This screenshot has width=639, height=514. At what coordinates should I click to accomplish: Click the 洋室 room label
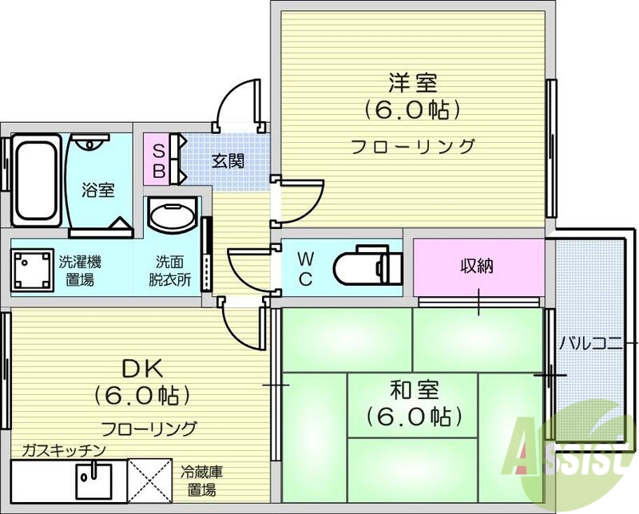pyautogui.click(x=413, y=82)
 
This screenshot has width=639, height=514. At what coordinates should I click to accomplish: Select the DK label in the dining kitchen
pyautogui.click(x=142, y=369)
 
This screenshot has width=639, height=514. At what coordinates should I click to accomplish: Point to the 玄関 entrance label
pyautogui.click(x=228, y=160)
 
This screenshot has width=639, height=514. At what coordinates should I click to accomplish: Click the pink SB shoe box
pyautogui.click(x=158, y=160)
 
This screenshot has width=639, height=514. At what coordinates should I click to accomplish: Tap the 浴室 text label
pyautogui.click(x=98, y=190)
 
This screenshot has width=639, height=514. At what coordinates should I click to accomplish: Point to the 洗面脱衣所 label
pyautogui.click(x=173, y=270)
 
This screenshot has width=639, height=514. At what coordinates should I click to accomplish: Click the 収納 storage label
pyautogui.click(x=476, y=266)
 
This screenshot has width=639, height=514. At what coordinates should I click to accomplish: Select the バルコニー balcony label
pyautogui.click(x=589, y=344)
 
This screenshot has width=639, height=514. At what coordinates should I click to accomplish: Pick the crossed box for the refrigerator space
pyautogui.click(x=151, y=478)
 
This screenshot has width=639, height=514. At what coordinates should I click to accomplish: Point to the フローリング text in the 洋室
pyautogui.click(x=413, y=146)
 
